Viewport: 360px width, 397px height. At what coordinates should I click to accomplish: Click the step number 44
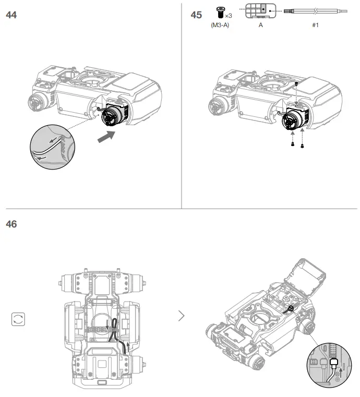[x=11, y=15]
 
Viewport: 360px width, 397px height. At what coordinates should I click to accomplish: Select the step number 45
[x=196, y=15]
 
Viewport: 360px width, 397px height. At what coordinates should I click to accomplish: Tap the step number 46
[x=11, y=224]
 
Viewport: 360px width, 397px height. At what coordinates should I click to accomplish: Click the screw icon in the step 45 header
[x=220, y=12]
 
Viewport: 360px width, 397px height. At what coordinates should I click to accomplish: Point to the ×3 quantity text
[x=229, y=16]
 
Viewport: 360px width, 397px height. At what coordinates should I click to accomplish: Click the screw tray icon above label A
[x=260, y=11]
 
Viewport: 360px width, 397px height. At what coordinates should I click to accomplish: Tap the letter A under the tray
[x=260, y=25]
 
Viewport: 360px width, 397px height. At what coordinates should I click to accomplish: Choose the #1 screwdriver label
[x=315, y=25]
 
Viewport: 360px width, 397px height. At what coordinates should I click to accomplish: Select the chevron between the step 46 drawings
[x=181, y=316]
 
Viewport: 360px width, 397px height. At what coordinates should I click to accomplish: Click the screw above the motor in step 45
[x=296, y=83]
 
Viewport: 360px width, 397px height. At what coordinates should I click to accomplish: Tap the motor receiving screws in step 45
[x=292, y=121]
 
